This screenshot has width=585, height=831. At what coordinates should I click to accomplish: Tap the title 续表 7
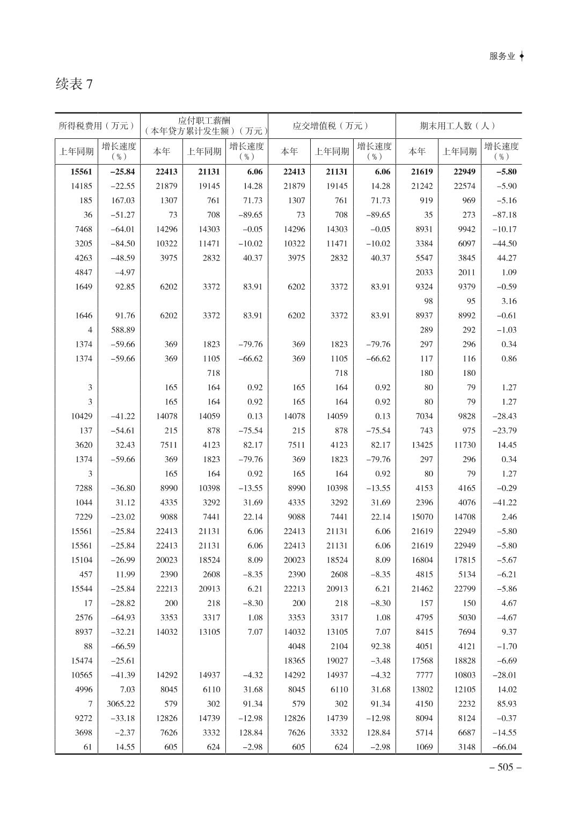[x=74, y=84]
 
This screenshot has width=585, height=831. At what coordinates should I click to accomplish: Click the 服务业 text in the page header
[x=502, y=56]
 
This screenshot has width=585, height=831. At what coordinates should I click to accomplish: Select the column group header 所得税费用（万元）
[x=97, y=126]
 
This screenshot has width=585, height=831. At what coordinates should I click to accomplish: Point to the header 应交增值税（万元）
[x=331, y=126]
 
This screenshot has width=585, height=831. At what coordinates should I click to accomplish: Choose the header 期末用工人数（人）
[x=458, y=126]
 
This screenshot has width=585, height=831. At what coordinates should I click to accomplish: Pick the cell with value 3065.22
[x=121, y=704]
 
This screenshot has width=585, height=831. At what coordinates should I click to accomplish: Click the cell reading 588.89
[x=123, y=330]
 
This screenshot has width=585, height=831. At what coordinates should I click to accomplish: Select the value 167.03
[x=123, y=201]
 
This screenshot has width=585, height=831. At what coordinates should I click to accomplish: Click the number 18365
[x=295, y=661]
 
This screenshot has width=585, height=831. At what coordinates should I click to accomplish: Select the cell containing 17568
[x=422, y=661]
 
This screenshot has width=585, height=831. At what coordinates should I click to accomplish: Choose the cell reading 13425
[x=422, y=445]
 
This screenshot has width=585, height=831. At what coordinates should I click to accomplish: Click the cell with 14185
[x=82, y=186]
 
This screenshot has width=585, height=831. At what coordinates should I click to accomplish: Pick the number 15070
[x=422, y=517]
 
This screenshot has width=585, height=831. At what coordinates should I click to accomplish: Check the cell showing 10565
[x=82, y=676]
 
